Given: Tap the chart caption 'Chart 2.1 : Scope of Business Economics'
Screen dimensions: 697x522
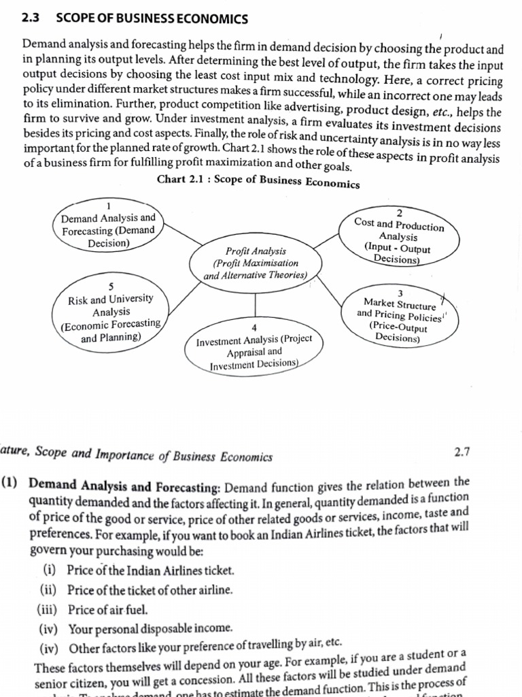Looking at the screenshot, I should [258, 181].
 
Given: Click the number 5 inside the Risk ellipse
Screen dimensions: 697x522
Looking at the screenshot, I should [111, 286].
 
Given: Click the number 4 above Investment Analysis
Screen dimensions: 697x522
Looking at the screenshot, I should [254, 327].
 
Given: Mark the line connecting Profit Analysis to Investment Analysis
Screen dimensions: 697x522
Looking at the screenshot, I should [255, 304].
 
